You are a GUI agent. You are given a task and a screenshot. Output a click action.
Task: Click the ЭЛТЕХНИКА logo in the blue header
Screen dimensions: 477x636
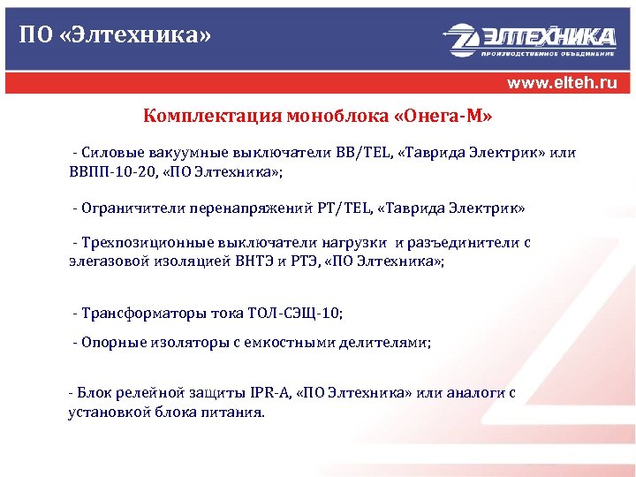(529, 39)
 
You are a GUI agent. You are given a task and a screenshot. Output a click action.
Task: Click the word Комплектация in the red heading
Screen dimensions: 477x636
(209, 116)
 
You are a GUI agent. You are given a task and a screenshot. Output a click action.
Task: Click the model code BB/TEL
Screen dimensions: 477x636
(363, 153)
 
